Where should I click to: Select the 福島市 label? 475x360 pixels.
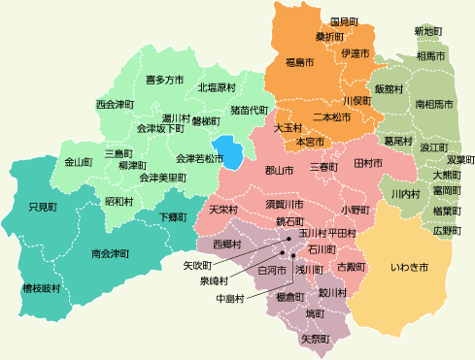point(300,63)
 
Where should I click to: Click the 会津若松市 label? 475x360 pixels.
point(200,157)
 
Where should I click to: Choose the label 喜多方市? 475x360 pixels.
point(164,79)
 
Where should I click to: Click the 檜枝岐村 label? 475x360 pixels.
point(41,289)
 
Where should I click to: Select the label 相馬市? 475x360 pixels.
point(431,57)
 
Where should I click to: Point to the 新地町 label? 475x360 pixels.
point(428,32)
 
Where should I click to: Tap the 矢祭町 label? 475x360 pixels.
point(316,340)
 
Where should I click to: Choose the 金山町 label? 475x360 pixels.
point(78,161)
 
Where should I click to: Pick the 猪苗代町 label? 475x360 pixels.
point(249,112)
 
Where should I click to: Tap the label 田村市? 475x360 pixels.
point(368,162)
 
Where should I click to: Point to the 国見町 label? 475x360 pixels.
point(345,21)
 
